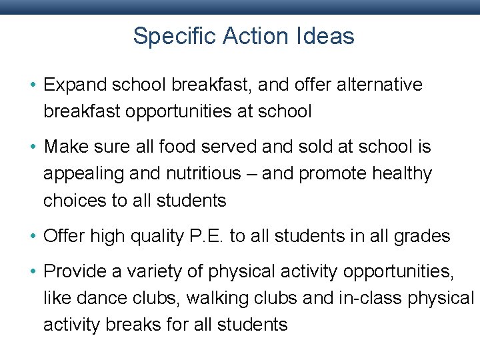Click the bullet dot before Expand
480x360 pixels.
(x=33, y=85)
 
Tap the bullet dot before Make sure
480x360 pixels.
(x=33, y=147)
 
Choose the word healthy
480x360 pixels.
(x=402, y=174)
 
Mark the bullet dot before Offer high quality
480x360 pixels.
(x=33, y=236)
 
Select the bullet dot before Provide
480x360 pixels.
(x=33, y=271)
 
